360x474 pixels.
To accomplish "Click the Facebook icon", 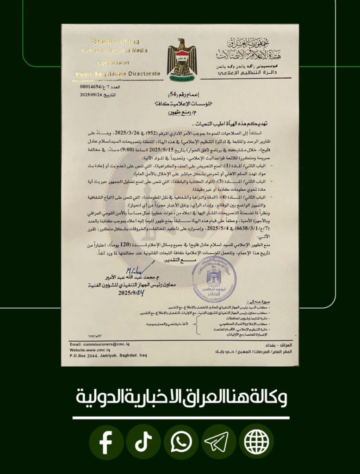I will tap(106, 443).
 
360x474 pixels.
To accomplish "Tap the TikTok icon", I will tap(143, 443).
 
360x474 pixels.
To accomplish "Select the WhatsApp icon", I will tap(181, 443).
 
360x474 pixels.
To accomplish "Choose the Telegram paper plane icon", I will tap(218, 443).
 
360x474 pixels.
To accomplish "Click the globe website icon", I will tap(256, 443).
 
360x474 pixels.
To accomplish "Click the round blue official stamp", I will tap(214, 279).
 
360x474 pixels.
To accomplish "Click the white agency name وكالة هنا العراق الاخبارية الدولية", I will tap(180, 397).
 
